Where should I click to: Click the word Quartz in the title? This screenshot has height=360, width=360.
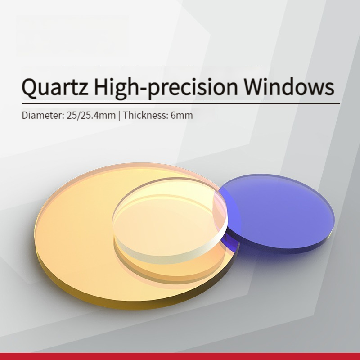(54, 87)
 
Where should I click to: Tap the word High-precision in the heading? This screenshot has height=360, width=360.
(166, 87)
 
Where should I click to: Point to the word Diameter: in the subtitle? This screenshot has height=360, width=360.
(43, 115)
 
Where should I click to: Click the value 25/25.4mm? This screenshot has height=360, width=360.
(91, 115)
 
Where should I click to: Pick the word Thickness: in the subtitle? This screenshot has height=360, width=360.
(145, 115)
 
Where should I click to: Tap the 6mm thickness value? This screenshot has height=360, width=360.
(182, 115)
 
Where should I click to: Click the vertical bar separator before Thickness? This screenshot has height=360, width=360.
(119, 116)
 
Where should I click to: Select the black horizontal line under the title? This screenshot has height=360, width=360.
(181, 104)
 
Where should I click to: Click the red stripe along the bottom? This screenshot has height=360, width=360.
(180, 356)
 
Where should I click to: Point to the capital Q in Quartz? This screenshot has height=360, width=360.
(30, 88)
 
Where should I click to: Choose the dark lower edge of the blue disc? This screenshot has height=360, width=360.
(287, 250)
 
